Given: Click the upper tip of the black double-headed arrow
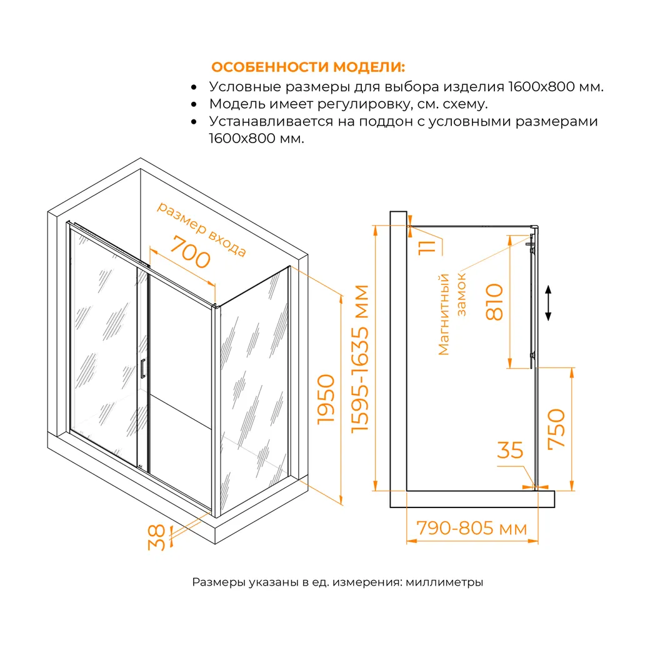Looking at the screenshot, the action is click(x=548, y=286).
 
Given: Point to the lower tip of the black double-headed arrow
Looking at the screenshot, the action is click(x=548, y=321).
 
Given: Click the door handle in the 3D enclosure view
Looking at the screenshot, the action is click(x=142, y=369).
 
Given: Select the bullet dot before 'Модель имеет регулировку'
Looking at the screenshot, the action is click(x=194, y=104).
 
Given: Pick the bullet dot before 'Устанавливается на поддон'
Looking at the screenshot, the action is click(x=194, y=122).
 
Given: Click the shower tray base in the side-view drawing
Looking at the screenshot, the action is click(x=472, y=499).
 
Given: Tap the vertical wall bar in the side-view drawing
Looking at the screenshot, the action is click(x=398, y=359).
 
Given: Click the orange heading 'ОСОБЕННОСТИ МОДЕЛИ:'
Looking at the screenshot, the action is click(x=308, y=67).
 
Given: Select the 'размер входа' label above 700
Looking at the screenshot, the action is click(x=201, y=229).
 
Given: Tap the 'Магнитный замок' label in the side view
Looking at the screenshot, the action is click(x=452, y=314).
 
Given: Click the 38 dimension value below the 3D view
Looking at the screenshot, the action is click(x=157, y=537).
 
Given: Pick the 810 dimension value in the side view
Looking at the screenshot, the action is click(x=494, y=302).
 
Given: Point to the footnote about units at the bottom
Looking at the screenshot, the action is click(x=337, y=582).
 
